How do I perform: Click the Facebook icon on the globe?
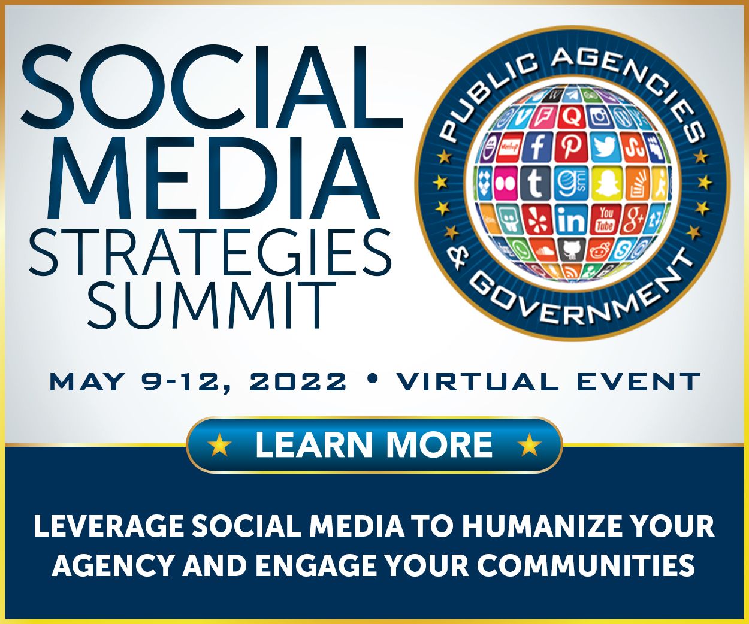click(537, 146)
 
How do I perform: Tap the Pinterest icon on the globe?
click(570, 146)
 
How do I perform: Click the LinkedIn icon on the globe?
click(571, 220)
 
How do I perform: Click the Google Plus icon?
click(634, 219)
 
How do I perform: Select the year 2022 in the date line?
click(298, 381)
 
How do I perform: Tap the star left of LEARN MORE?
click(219, 445)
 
